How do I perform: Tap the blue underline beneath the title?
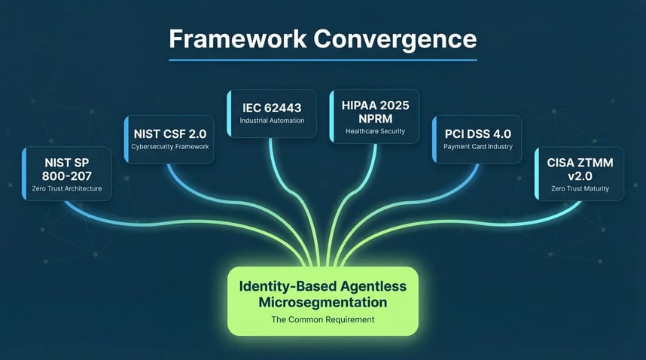(x=323, y=59)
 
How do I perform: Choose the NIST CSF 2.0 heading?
(x=170, y=133)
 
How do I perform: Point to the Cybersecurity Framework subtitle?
(x=170, y=147)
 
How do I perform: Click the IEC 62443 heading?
(x=273, y=106)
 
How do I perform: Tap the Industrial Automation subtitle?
(x=273, y=121)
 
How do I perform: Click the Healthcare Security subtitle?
(x=376, y=131)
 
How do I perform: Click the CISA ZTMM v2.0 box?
(x=580, y=173)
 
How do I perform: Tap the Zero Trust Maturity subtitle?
(x=580, y=188)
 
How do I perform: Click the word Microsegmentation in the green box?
(x=322, y=302)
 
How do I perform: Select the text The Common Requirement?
(x=322, y=320)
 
